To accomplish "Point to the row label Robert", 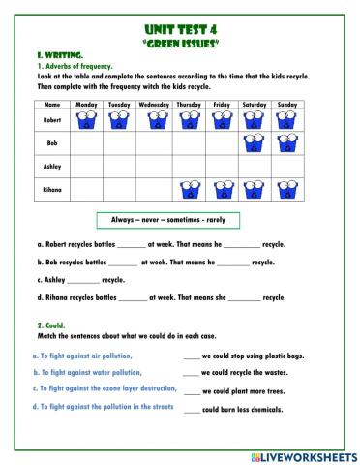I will coord(52,120).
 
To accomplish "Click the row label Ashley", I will coord(52,167).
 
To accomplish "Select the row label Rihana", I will coord(52,190).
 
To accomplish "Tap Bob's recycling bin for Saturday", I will coord(255,143).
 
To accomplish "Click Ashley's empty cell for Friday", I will coord(222,167).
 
